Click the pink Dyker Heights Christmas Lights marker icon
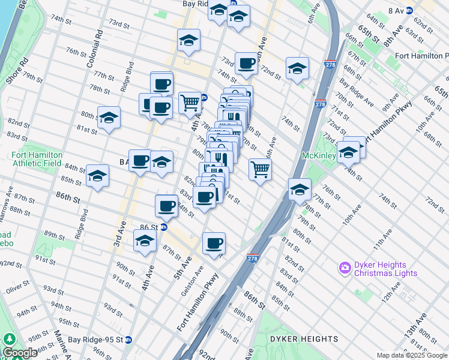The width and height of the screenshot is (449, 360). click(345, 267)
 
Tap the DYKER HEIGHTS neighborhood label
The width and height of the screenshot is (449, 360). click(295, 339)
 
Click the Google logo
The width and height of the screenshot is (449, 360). click(20, 353)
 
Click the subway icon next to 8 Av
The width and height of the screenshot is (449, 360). click(409, 10)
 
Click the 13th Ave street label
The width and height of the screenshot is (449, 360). click(415, 325)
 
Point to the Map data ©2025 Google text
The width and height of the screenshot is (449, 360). click(412, 355)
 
